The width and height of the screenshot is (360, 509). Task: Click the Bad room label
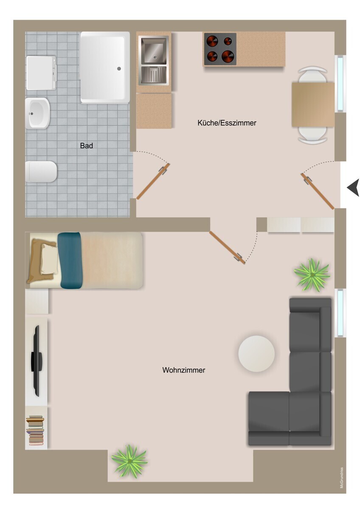pos(86,145)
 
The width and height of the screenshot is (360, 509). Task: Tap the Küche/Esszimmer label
pos(227,123)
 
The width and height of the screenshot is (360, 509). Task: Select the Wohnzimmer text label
pos(183,370)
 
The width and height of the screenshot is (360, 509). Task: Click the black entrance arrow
pos(353,187)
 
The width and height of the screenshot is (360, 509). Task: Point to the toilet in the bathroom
pos(41,171)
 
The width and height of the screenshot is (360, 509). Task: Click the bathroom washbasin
pos(37,113)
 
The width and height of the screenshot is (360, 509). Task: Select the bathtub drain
pos(119,68)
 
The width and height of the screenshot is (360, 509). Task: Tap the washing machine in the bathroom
pos(41,73)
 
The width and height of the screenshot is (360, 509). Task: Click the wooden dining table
pos(313,105)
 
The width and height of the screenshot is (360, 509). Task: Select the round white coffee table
pos(256,354)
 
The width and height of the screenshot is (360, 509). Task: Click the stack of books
pos(35,430)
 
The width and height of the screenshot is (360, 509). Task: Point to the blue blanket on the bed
pos(70,260)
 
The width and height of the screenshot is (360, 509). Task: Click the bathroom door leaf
pos(153,182)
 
